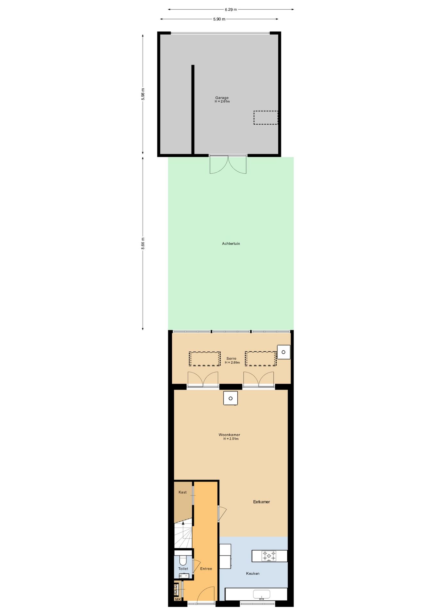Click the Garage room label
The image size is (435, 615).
tap(222, 98)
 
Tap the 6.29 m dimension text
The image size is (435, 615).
tap(231, 10)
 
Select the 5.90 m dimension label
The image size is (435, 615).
tap(219, 19)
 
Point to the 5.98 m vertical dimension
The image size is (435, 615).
tap(143, 94)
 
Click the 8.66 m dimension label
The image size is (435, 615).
tap(143, 243)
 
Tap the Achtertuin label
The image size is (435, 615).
tap(231, 243)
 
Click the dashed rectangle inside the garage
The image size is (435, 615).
tap(266, 118)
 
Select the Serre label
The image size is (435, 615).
tap(231, 358)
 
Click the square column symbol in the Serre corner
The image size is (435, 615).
tap(283, 352)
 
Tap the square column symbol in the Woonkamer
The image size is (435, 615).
tap(230, 398)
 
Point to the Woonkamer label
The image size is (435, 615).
tap(229, 435)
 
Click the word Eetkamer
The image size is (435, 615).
tap(261, 502)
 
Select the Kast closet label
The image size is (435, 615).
tap(183, 492)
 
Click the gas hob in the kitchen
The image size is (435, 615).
tap(269, 556)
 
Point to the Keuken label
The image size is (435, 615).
tap(253, 573)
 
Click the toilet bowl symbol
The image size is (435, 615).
tap(183, 560)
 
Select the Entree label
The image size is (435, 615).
tap(206, 569)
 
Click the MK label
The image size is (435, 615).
tap(178, 599)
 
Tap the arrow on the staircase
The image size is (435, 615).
tap(183, 523)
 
